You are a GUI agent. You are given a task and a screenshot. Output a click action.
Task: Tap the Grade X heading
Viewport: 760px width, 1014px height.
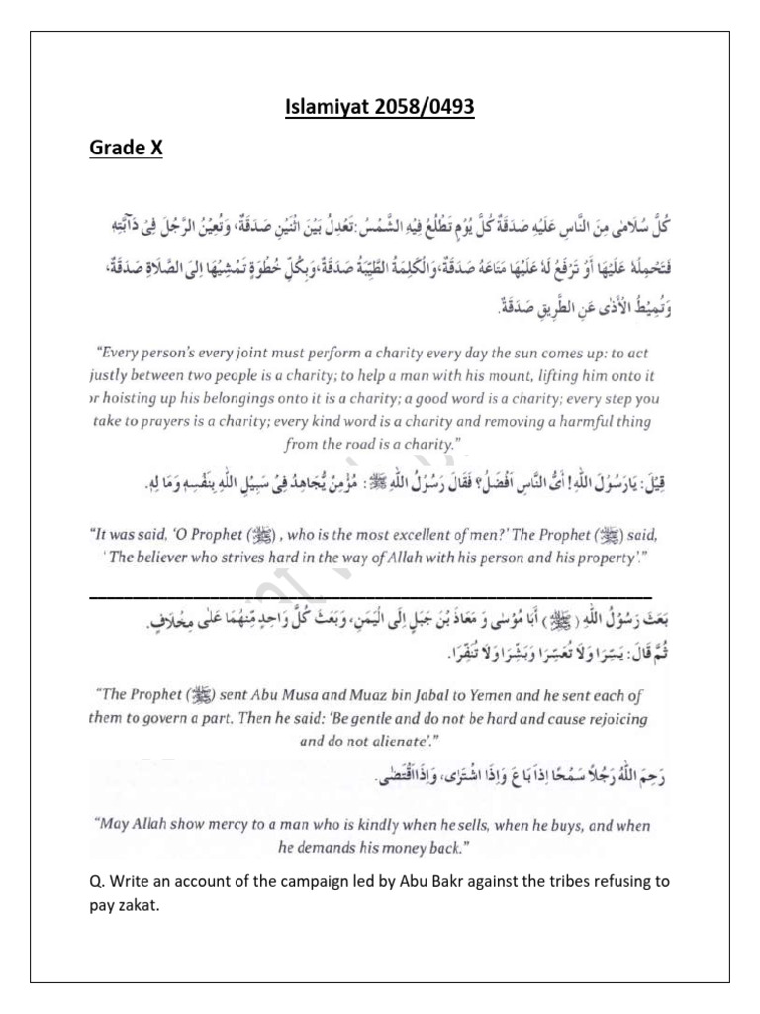point(126,148)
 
